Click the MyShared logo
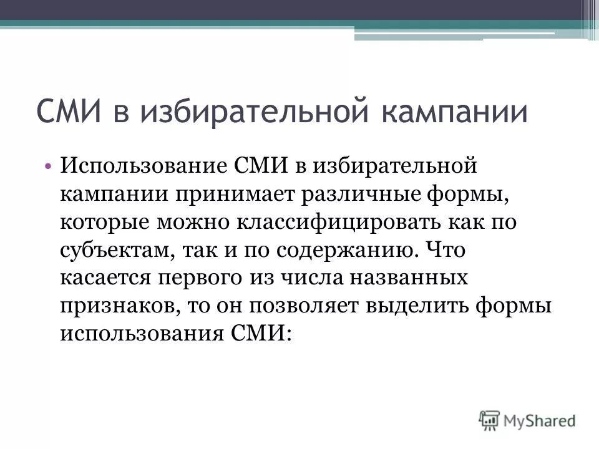coord(527,420)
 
